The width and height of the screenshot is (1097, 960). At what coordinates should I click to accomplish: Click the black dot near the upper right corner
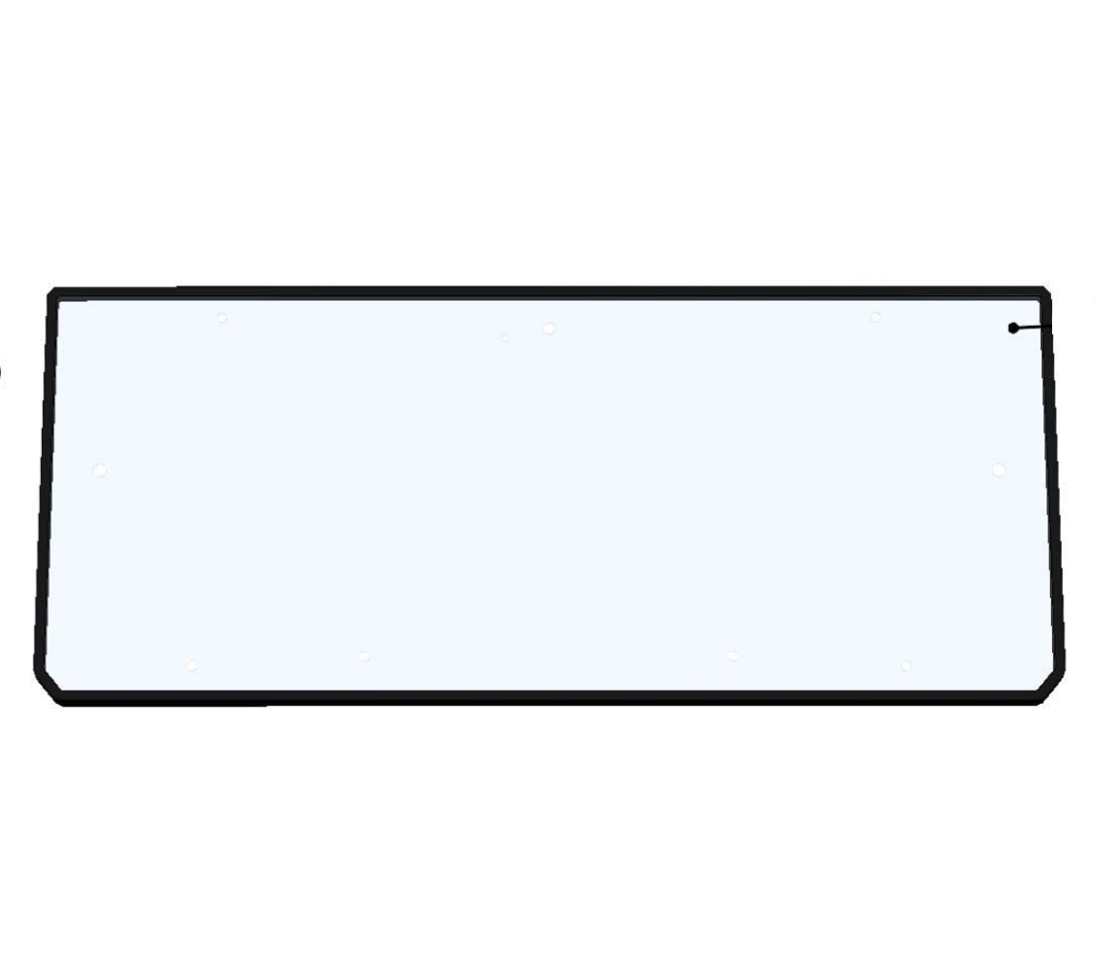1013,329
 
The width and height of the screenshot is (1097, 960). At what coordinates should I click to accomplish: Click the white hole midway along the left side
98,470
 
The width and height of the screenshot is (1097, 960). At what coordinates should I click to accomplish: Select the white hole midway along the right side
999,469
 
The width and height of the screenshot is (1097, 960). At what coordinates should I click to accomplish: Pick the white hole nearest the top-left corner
222,318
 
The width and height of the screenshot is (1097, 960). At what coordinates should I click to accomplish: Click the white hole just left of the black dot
875,316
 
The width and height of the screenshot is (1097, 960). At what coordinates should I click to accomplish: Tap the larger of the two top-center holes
548,329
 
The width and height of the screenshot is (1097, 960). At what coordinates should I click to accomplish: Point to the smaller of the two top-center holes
505,337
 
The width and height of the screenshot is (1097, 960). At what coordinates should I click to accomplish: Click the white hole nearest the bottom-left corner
192,666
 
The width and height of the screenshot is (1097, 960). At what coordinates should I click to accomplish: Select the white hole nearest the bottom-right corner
905,665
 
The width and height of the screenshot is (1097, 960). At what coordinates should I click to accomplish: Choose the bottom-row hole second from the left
364,655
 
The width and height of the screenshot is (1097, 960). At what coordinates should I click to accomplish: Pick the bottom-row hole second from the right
733,655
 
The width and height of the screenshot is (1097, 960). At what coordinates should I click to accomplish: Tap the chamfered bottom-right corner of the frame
1051,685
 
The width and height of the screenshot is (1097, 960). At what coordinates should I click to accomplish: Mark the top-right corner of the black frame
1044,292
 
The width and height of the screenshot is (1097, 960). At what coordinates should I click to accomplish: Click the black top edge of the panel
548,292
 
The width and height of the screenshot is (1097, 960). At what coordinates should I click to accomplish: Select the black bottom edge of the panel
548,697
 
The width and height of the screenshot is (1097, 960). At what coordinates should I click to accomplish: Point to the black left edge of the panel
44,478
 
